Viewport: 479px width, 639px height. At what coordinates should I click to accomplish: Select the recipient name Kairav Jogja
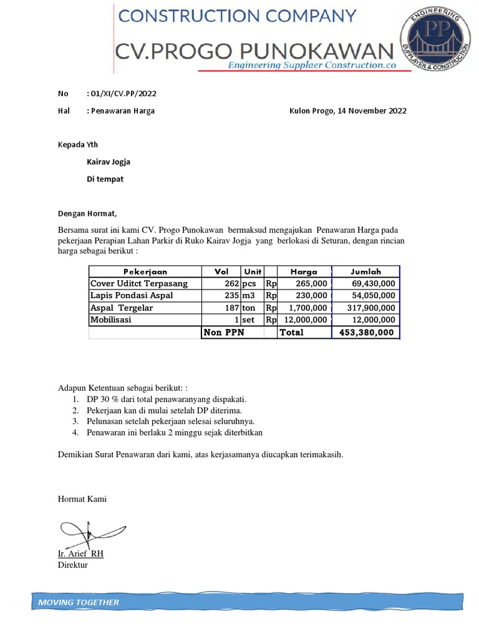point(108,162)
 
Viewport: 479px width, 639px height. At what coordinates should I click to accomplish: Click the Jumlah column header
point(365,271)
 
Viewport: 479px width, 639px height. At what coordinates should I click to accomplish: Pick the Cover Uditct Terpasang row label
point(139,283)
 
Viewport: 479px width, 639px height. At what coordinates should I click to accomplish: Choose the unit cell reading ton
point(250,308)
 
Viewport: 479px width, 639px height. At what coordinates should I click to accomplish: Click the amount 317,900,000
point(371,308)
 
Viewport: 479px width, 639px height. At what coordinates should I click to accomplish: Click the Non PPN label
point(223,333)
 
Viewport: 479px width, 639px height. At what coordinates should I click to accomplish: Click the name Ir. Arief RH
point(80,554)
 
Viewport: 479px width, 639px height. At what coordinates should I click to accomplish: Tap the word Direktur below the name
point(72,565)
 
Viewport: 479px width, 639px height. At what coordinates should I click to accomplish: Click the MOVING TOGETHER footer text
point(79,602)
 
